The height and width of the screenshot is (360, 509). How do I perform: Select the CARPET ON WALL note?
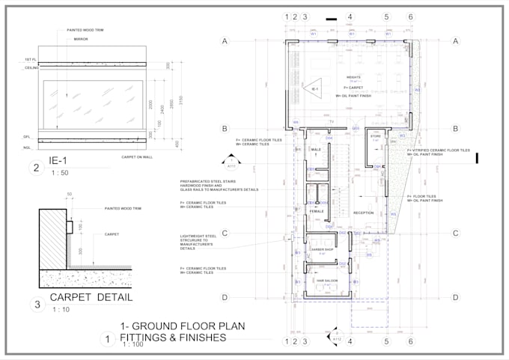pos(136,157)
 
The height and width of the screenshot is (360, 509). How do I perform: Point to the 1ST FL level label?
pos(30,58)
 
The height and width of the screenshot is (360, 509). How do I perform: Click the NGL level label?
pos(27,148)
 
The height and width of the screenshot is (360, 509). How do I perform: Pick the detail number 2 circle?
pos(36,168)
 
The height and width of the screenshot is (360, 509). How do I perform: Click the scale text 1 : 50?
pos(59,174)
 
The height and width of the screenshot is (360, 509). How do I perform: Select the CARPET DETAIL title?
pos(91,297)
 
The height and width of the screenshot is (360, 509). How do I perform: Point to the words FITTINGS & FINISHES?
pos(173,338)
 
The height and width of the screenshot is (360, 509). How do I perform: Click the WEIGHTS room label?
pos(353,77)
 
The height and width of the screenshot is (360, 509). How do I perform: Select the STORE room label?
pos(376,137)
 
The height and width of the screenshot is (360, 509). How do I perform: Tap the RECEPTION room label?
pos(363,213)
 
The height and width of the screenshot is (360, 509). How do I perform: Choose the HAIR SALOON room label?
pos(326,280)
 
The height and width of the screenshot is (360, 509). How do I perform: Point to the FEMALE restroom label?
pos(317,211)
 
